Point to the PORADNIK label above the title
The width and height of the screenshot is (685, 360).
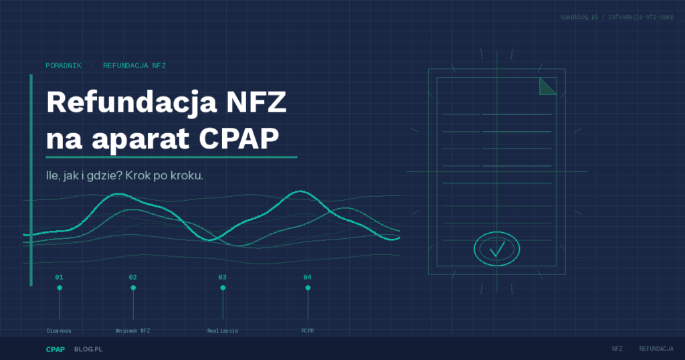pyautogui.click(x=64, y=66)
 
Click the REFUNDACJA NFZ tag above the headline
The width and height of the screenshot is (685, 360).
pyautogui.click(x=134, y=66)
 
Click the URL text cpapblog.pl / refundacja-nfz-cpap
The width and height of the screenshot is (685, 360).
pyautogui.click(x=617, y=16)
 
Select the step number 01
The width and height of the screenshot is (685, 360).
pyautogui.click(x=59, y=277)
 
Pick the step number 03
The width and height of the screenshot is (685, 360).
pyautogui.click(x=222, y=277)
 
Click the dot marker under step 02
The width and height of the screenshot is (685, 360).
pyautogui.click(x=133, y=288)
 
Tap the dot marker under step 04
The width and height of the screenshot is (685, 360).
pyautogui.click(x=308, y=288)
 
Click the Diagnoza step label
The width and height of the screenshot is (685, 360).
pyautogui.click(x=59, y=331)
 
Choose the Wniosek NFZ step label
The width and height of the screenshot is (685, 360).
pyautogui.click(x=133, y=331)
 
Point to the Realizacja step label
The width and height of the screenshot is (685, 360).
pyautogui.click(x=222, y=331)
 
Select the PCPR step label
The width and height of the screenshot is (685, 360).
pyautogui.click(x=308, y=331)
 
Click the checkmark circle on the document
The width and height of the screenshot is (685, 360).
pyautogui.click(x=496, y=249)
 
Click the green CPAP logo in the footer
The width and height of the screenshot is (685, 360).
pyautogui.click(x=55, y=349)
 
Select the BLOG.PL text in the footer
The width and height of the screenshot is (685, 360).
pyautogui.click(x=88, y=349)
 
